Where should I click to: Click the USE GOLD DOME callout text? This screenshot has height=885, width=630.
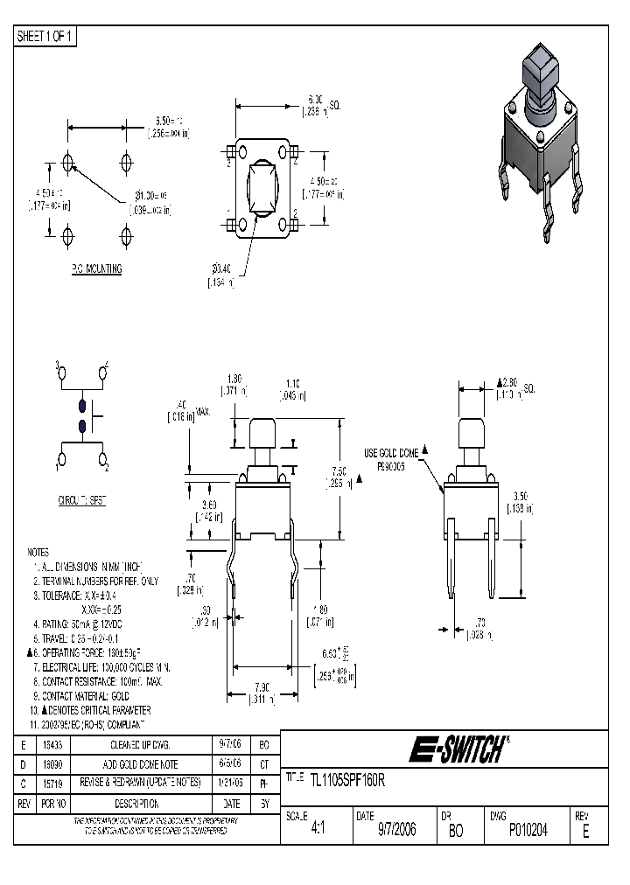[x=392, y=452]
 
